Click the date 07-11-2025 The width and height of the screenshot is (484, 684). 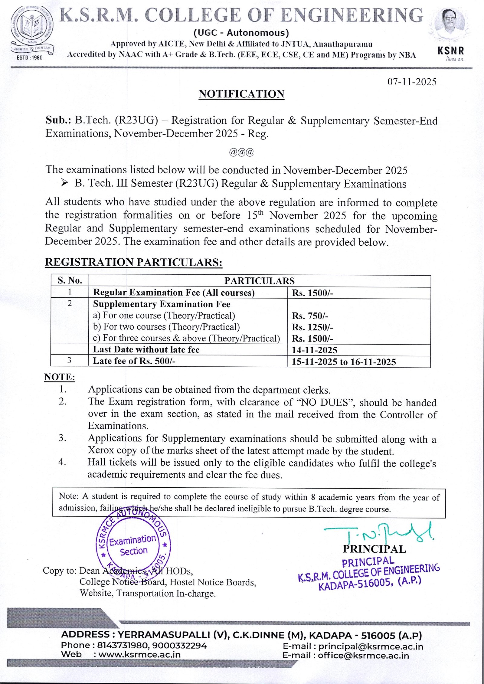[x=412, y=82]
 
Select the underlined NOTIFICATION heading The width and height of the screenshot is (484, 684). [x=241, y=94]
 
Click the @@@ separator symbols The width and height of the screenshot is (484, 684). [x=241, y=152]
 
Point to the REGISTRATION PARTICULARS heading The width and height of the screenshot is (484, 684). [x=133, y=262]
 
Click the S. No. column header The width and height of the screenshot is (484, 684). [x=70, y=280]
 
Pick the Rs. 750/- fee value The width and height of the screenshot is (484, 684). [x=310, y=316]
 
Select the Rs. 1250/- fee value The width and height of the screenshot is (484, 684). [x=312, y=327]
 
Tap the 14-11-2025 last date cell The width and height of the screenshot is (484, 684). [x=314, y=350]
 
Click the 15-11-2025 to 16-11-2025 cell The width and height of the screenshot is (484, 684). [x=344, y=362]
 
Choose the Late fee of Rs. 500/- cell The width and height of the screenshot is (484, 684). [x=134, y=361]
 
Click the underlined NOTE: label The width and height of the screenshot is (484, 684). [x=60, y=377]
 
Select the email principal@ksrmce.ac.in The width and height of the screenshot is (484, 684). [x=371, y=646]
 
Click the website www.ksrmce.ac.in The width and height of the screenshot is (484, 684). [x=139, y=655]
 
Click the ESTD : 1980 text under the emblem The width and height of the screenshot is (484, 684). [x=30, y=57]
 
